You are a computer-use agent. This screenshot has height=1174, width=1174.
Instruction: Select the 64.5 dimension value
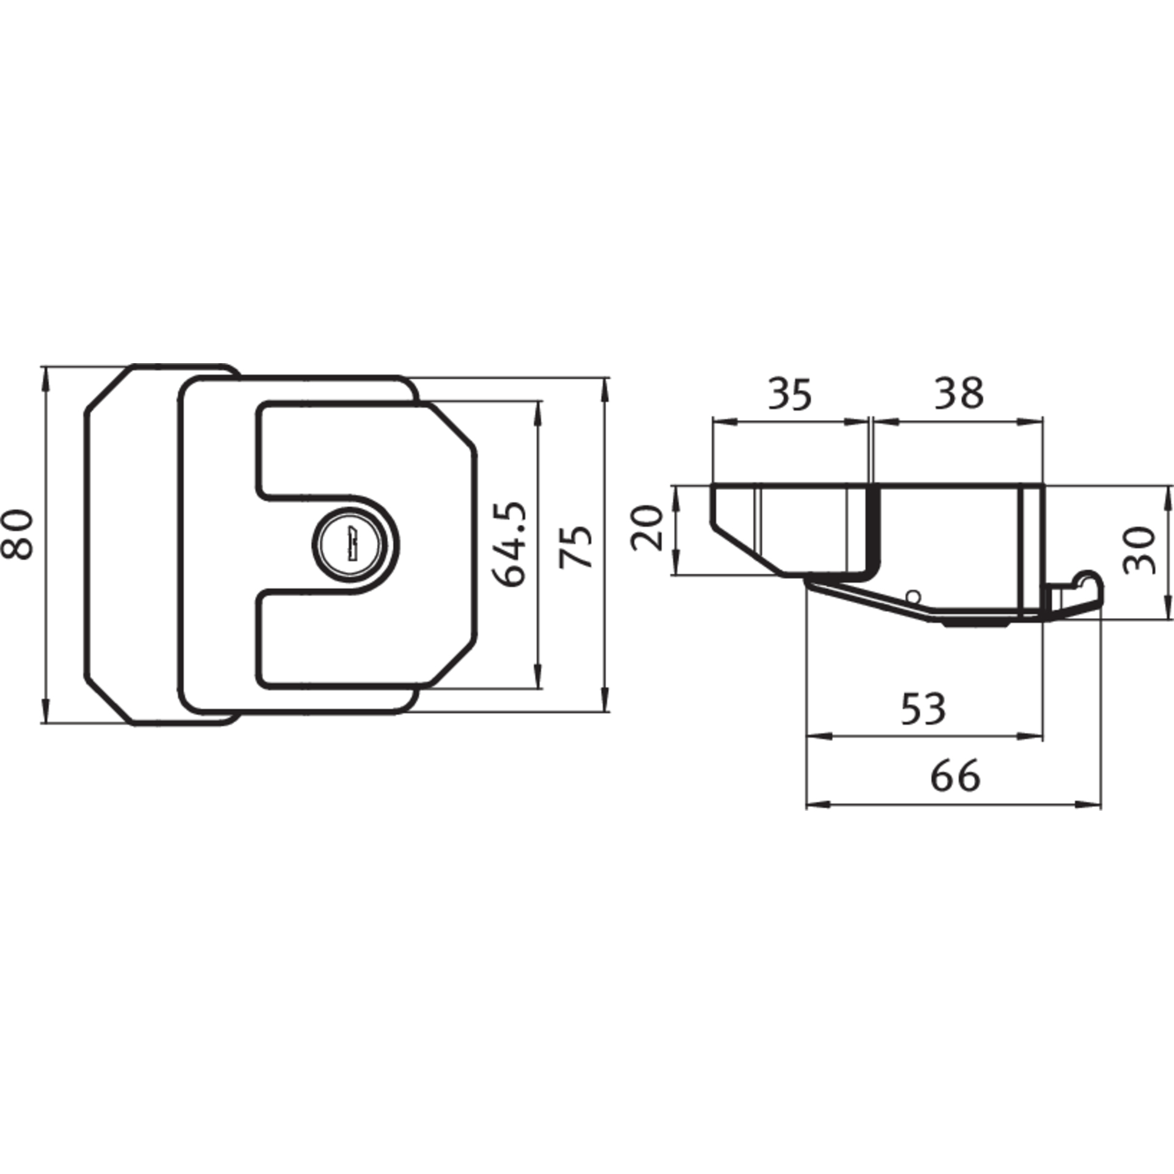click(x=509, y=544)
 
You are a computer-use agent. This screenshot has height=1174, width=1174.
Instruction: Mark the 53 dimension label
click(x=924, y=708)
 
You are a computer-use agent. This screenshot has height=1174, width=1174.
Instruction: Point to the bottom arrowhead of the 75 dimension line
click(x=605, y=698)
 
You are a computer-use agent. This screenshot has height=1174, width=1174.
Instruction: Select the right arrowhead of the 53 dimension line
click(x=1029, y=737)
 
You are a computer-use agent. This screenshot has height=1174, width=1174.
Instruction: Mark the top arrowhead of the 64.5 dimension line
click(x=537, y=414)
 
